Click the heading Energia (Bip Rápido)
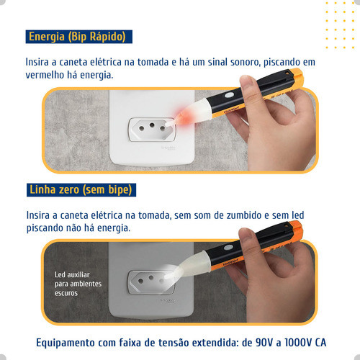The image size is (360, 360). click(x=77, y=37)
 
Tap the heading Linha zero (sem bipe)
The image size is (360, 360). click(x=81, y=190)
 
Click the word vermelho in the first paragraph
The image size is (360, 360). click(x=45, y=75)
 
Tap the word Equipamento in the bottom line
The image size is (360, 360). click(x=66, y=343)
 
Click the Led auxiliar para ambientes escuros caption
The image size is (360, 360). click(x=78, y=284)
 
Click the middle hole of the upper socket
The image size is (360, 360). click(x=152, y=125)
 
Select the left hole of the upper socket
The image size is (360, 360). click(x=142, y=128)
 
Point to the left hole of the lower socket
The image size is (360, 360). click(x=140, y=281)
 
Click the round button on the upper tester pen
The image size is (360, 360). click(x=228, y=95)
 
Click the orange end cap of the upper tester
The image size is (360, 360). click(x=297, y=78)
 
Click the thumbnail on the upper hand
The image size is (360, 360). click(x=246, y=81)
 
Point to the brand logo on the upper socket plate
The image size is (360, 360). click(x=168, y=148)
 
